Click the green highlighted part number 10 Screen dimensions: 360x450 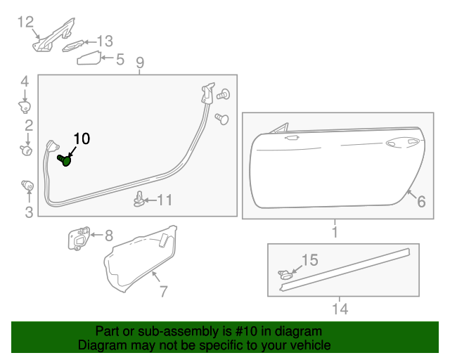coord(66,161)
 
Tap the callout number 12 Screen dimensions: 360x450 coord(25,22)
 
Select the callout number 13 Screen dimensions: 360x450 coord(105,41)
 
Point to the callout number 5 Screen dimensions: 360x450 coord(120,60)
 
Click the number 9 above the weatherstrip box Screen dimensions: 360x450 coord(140,63)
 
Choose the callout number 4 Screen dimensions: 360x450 coord(24,81)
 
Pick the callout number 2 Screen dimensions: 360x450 coord(29,126)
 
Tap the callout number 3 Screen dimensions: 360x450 coord(29,212)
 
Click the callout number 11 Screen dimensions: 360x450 coord(164,200)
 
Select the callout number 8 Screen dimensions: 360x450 coord(108,236)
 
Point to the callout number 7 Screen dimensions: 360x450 coord(163,290)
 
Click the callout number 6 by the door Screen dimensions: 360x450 coord(421,202)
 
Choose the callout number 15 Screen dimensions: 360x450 coord(310,261)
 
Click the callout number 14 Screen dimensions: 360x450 coord(340,308)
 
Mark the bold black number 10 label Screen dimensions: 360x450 coord(82,139)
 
